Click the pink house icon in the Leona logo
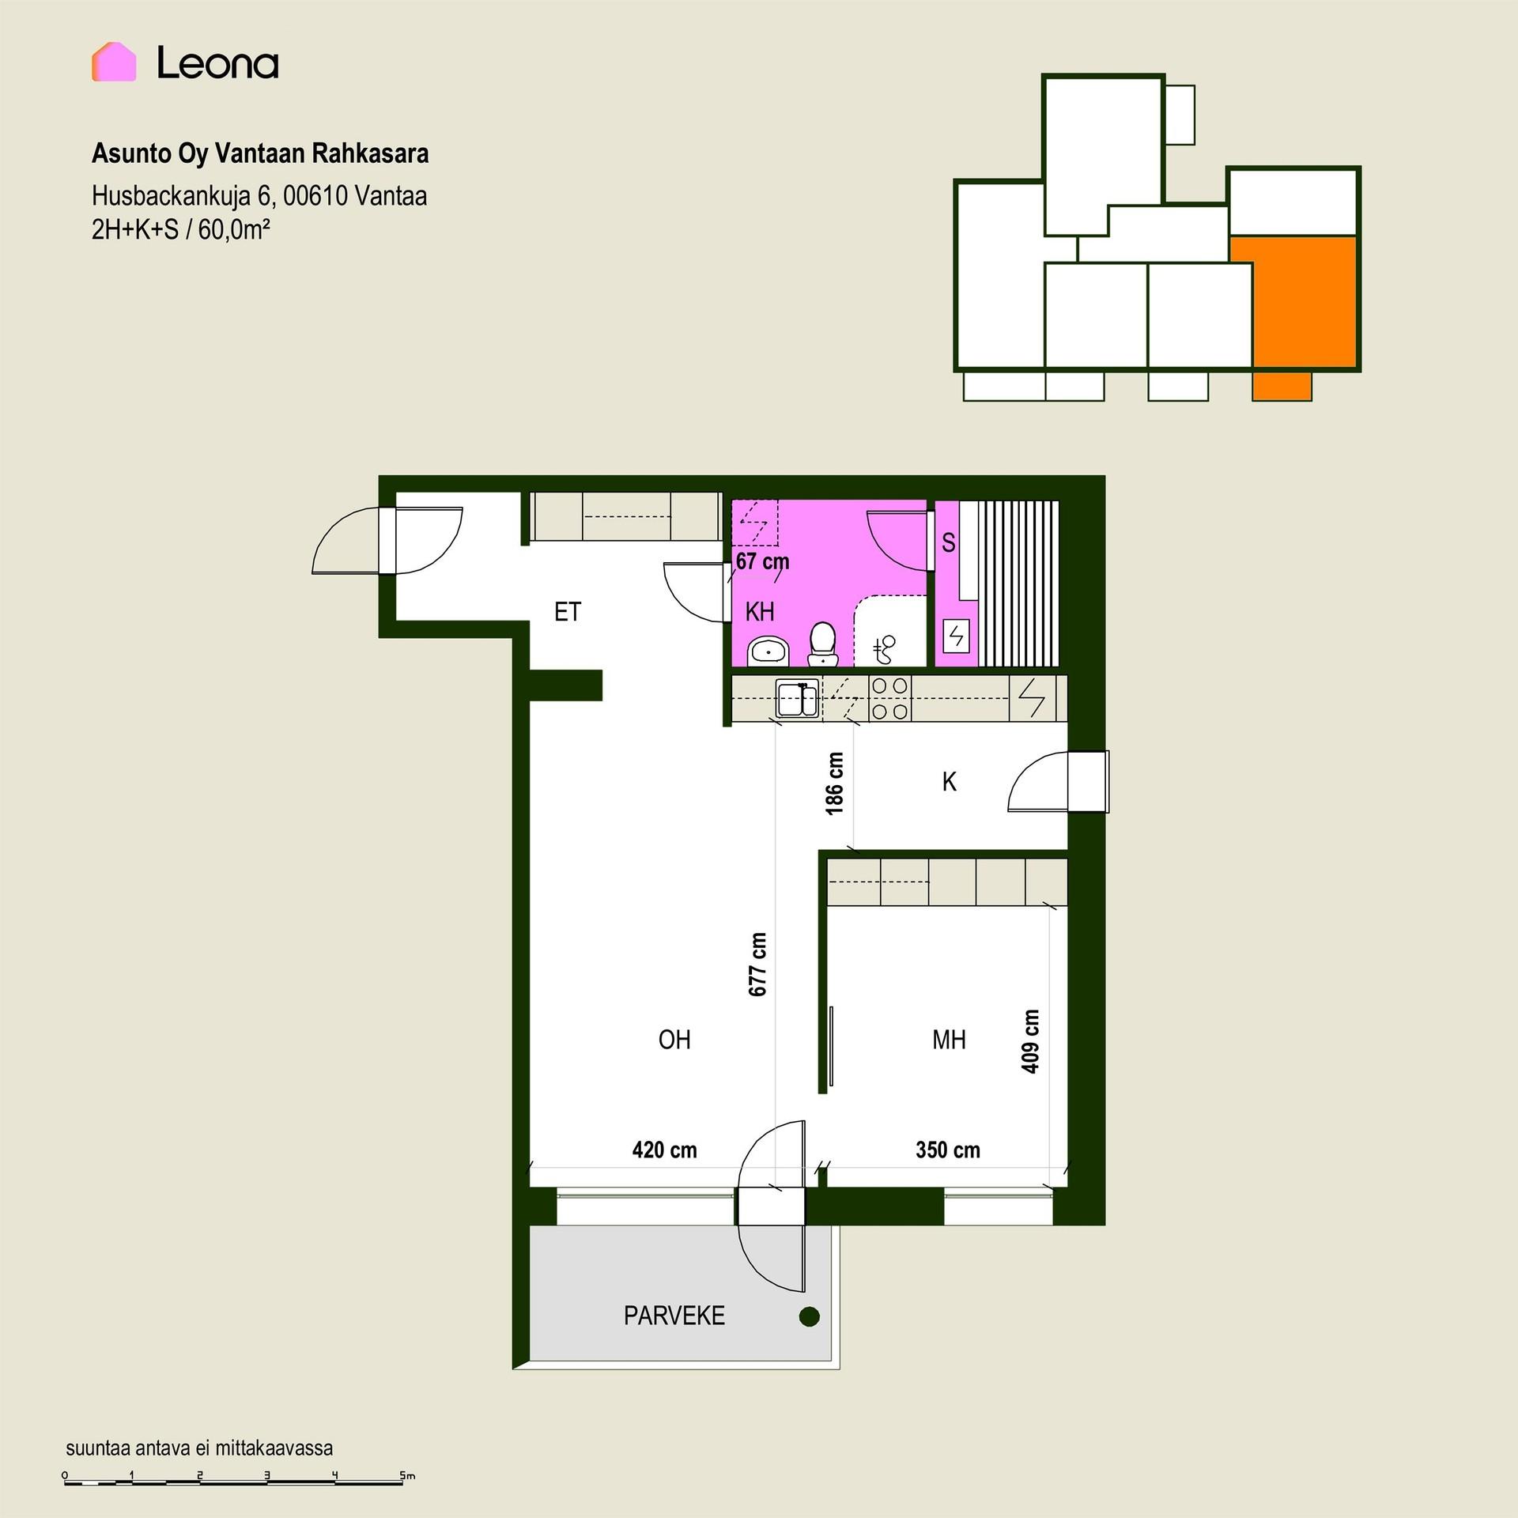click(114, 62)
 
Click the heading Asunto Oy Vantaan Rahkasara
click(260, 153)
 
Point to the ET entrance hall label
click(568, 611)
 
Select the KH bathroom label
click(760, 611)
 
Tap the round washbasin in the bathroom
click(768, 651)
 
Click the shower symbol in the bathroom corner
click(885, 649)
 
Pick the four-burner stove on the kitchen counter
click(890, 698)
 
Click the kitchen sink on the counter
click(797, 698)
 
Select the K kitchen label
click(950, 782)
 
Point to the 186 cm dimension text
click(835, 783)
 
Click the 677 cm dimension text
click(757, 965)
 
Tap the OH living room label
click(674, 1040)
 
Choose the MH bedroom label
click(949, 1040)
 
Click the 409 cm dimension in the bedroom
click(1030, 1041)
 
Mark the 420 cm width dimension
click(664, 1150)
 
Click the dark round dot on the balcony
click(810, 1316)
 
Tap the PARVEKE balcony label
click(674, 1316)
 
